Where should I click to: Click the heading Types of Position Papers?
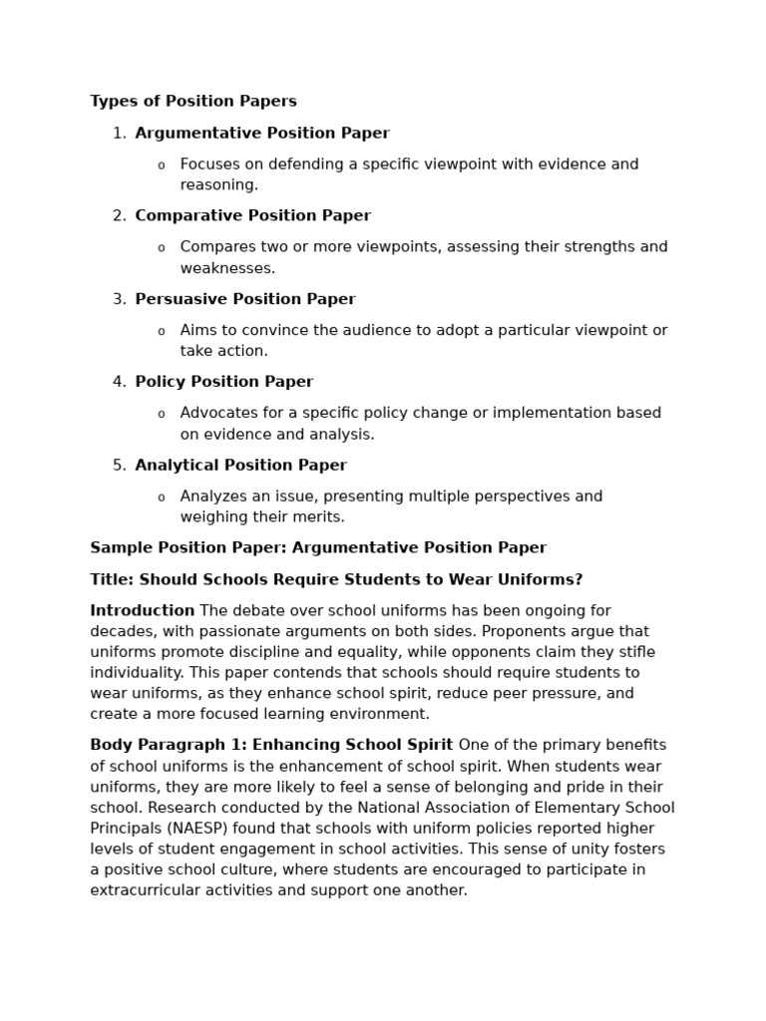pos(193,102)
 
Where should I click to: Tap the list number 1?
pos(119,134)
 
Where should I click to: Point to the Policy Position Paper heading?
pos(223,382)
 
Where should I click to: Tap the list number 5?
pos(119,466)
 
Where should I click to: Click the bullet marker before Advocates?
pos(162,415)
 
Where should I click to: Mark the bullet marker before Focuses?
pos(162,166)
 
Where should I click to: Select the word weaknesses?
pos(227,268)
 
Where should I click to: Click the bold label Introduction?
pos(142,611)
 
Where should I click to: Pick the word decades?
pos(121,632)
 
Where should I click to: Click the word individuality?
pos(136,673)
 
